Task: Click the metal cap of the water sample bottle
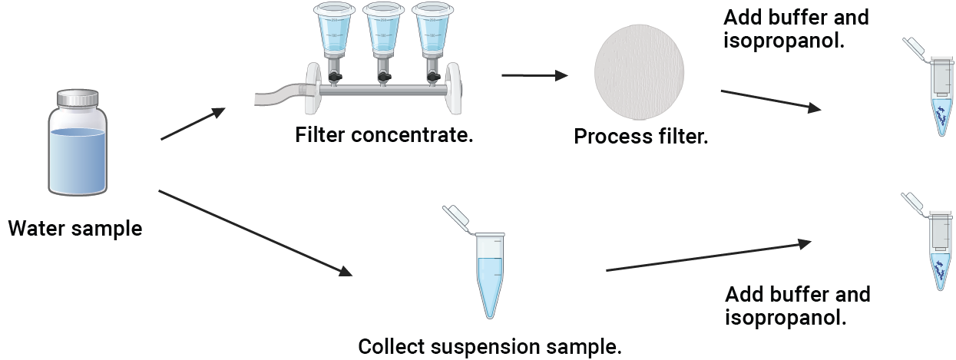pos(78,98)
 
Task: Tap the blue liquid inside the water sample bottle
pos(77,161)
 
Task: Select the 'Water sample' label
pos(75,228)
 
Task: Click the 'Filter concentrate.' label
pos(384,136)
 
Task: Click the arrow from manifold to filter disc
pos(534,75)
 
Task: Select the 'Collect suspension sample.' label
pos(490,346)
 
